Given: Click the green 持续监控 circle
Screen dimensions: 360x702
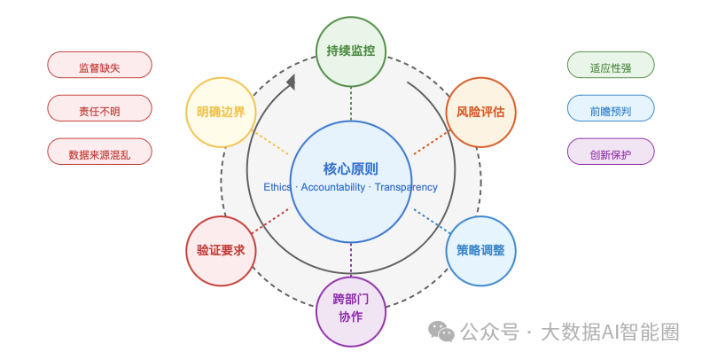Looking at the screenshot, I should click(351, 51).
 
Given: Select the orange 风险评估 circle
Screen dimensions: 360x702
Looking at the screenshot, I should click(480, 113).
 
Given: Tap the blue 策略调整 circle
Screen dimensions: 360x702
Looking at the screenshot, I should click(480, 250).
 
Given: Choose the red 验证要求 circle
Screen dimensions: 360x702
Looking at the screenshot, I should click(222, 250).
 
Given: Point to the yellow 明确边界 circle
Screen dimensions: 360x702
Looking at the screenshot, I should click(222, 113).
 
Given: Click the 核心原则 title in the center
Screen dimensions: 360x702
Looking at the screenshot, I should click(351, 168).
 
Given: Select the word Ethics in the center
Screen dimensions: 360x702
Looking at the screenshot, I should click(278, 187).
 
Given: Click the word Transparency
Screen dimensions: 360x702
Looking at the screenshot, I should click(406, 187).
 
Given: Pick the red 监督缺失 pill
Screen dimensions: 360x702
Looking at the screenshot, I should click(99, 66).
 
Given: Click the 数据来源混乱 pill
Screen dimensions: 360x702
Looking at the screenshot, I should click(99, 153).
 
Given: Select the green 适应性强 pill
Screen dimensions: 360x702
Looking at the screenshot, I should click(610, 66).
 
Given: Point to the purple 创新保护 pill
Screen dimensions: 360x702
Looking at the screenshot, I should click(610, 153).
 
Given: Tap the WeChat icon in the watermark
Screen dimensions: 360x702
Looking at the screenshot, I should click(441, 332).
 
